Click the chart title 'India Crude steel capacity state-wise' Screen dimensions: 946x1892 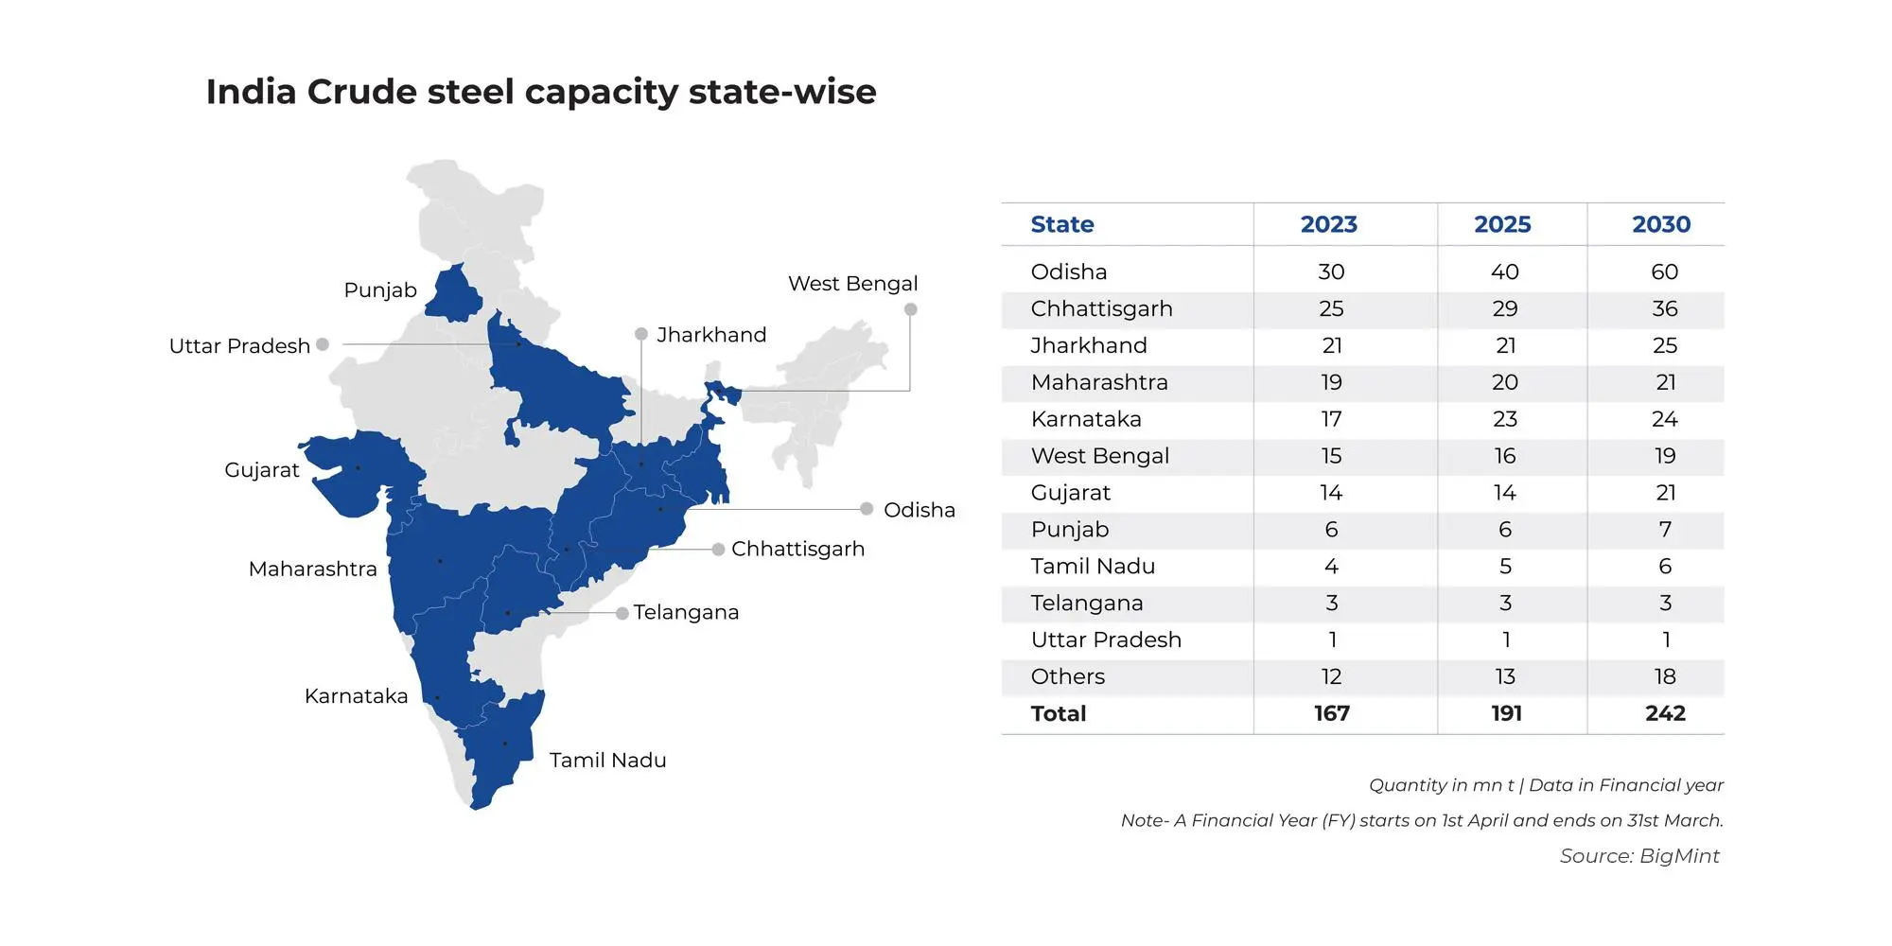(x=541, y=93)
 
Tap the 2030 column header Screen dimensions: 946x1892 (x=1661, y=224)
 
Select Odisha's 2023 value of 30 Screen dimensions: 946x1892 (x=1331, y=272)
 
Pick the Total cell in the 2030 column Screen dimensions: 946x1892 (x=1665, y=713)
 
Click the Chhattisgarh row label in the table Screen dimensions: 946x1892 (x=1101, y=309)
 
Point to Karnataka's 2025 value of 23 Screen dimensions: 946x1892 (x=1505, y=419)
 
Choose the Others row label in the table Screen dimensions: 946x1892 (x=1067, y=676)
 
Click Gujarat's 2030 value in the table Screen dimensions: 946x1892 (x=1665, y=493)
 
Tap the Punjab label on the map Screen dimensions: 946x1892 (x=380, y=290)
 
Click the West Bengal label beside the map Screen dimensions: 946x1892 (x=852, y=284)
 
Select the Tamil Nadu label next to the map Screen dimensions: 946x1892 (x=607, y=761)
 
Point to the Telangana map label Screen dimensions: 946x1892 (x=686, y=612)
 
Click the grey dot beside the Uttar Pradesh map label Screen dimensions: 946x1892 (x=323, y=344)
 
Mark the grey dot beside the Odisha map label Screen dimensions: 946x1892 (x=867, y=509)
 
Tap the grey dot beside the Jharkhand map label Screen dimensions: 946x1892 (x=641, y=334)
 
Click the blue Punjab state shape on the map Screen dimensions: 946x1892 (x=453, y=293)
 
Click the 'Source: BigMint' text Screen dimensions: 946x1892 (x=1639, y=856)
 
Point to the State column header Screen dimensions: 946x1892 (x=1061, y=224)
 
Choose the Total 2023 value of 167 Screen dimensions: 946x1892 (x=1331, y=713)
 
